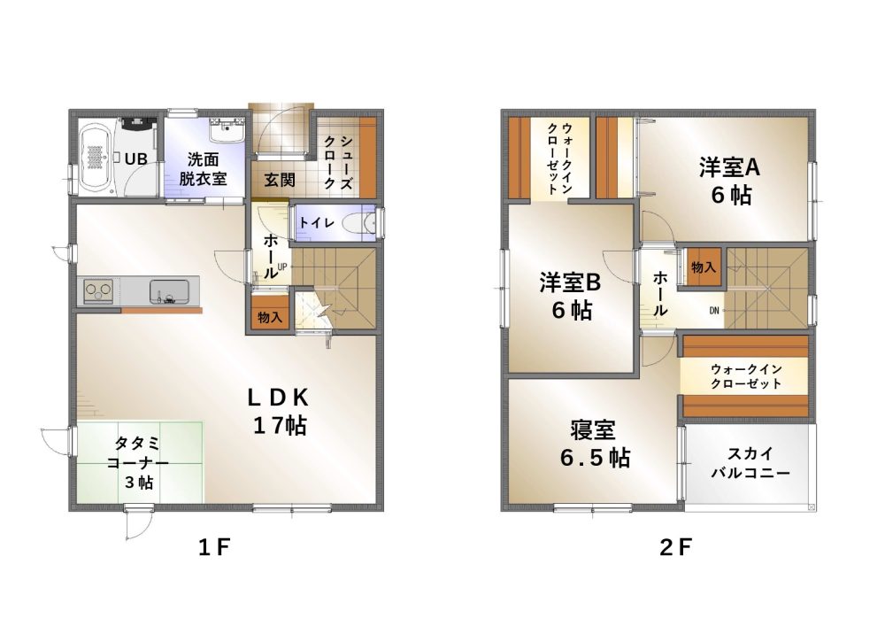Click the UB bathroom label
point(135,159)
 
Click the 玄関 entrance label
point(280,181)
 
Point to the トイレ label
point(316,223)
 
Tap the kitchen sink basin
point(167,290)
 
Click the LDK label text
point(277,397)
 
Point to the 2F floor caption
point(675,547)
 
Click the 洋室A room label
point(731,166)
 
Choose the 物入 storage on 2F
point(704,267)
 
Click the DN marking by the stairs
point(714,310)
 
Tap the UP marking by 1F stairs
point(282,267)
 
